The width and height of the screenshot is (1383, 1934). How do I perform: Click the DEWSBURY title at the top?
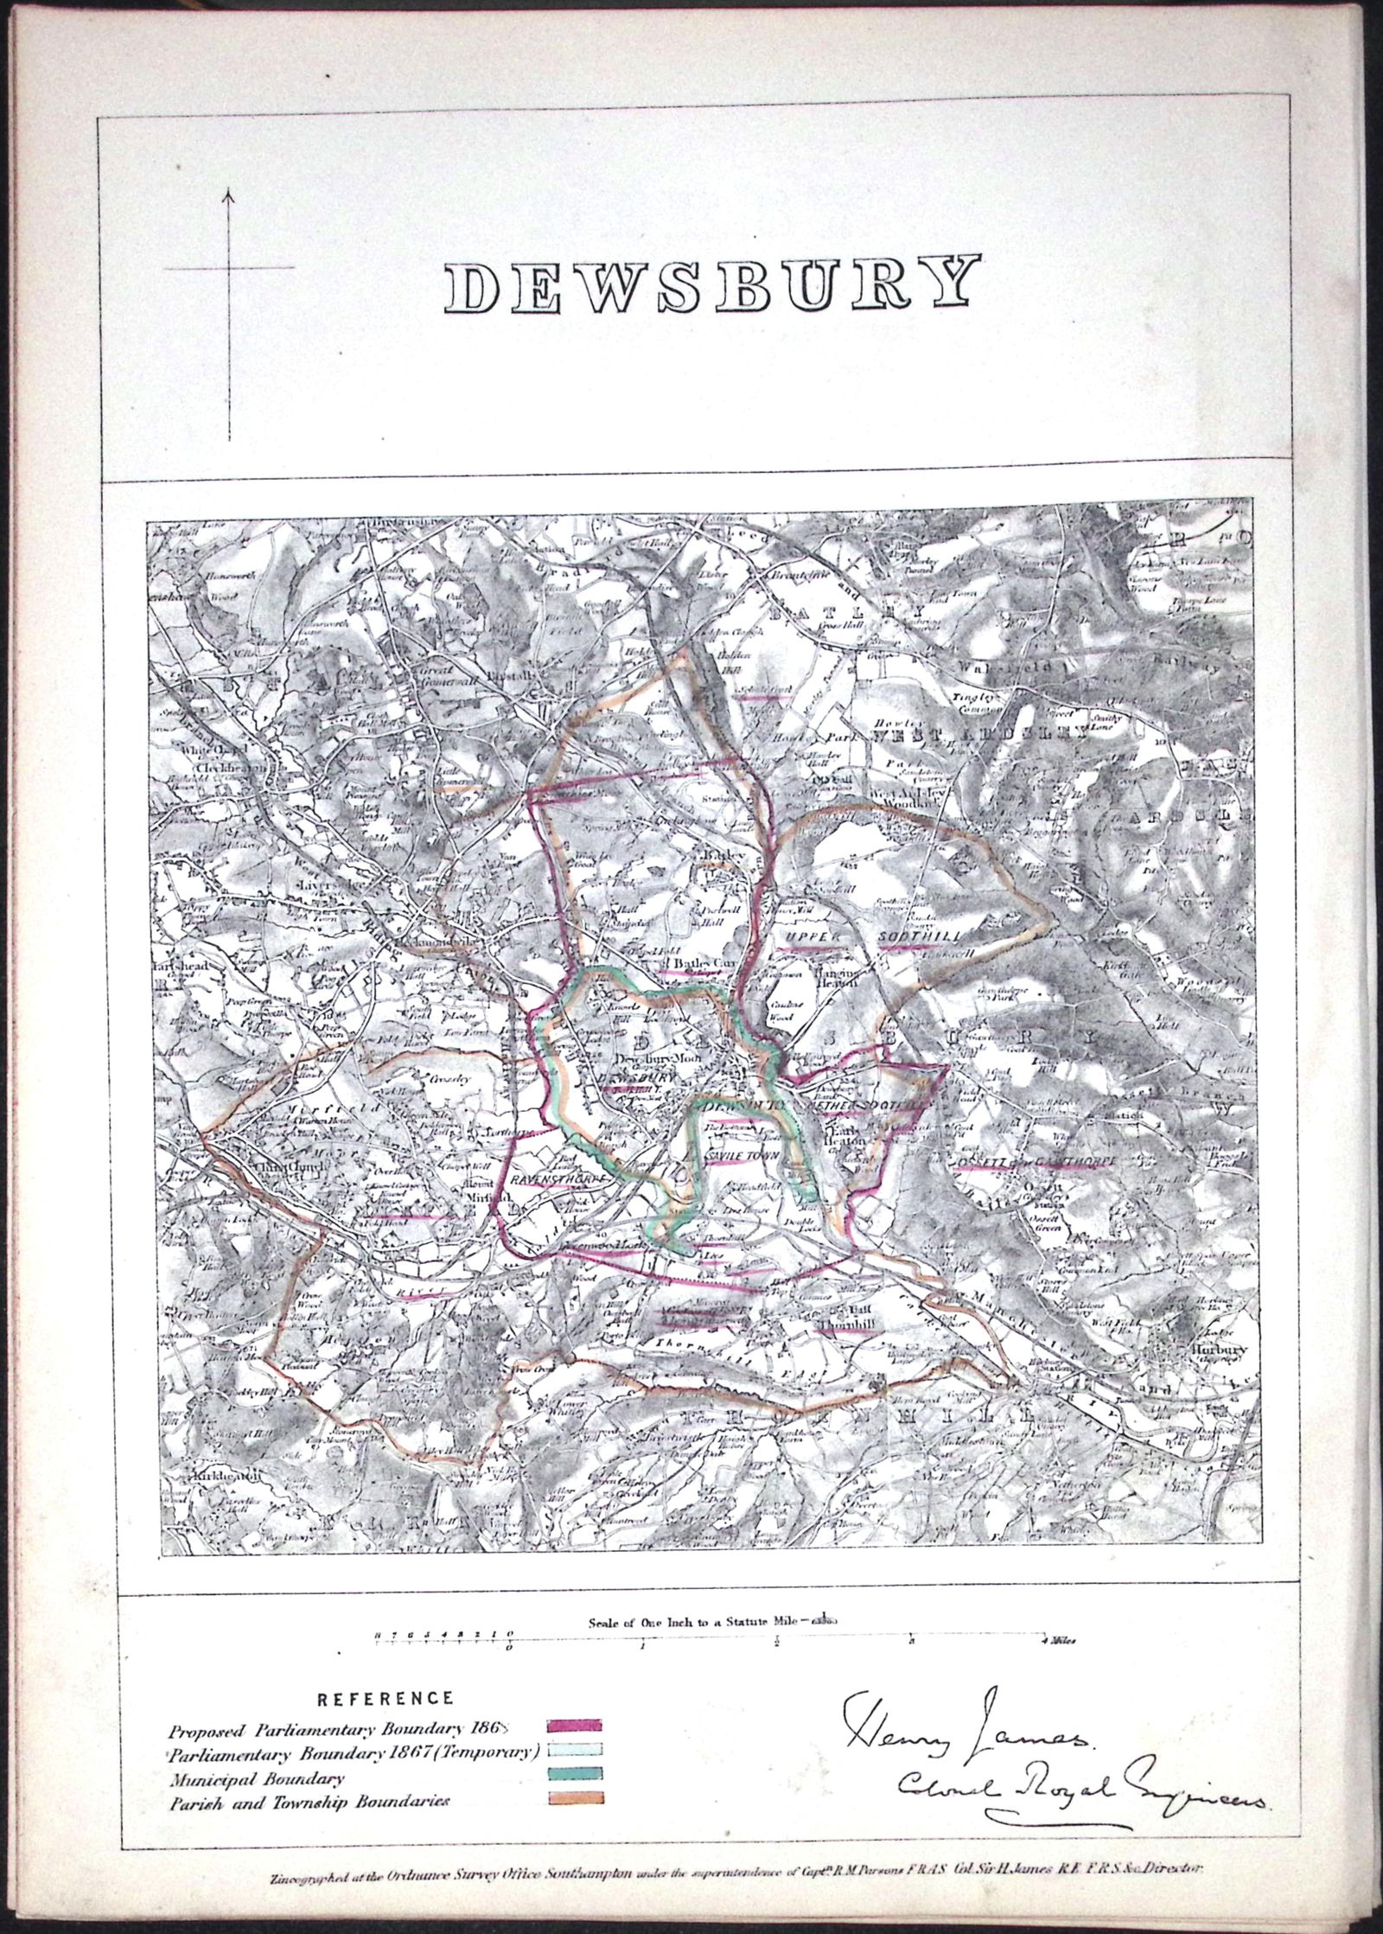coord(713,284)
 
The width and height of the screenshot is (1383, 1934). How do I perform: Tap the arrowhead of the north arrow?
coord(230,195)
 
